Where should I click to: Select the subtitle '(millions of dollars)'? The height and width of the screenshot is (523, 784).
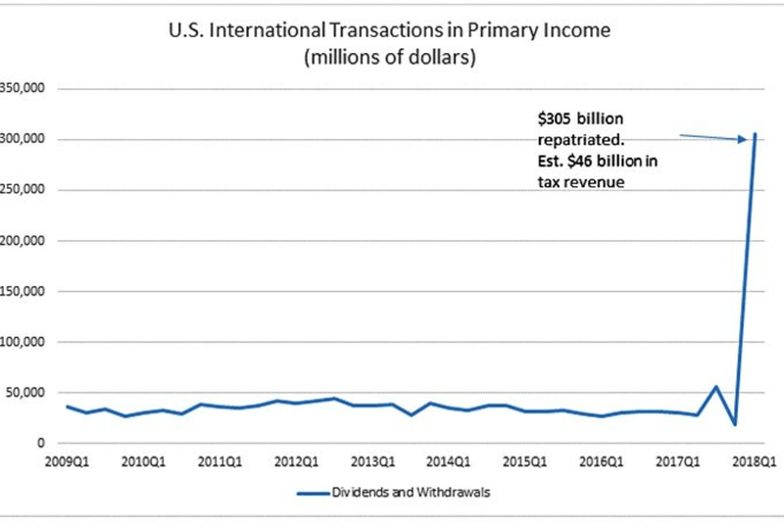click(390, 58)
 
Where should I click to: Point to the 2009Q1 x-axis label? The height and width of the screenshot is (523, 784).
click(68, 461)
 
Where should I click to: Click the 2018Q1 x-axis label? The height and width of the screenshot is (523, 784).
click(755, 461)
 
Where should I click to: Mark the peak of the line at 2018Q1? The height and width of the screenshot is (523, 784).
click(755, 134)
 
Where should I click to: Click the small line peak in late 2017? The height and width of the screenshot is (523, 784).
click(716, 386)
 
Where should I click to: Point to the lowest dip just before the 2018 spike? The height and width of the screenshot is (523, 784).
click(735, 424)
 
